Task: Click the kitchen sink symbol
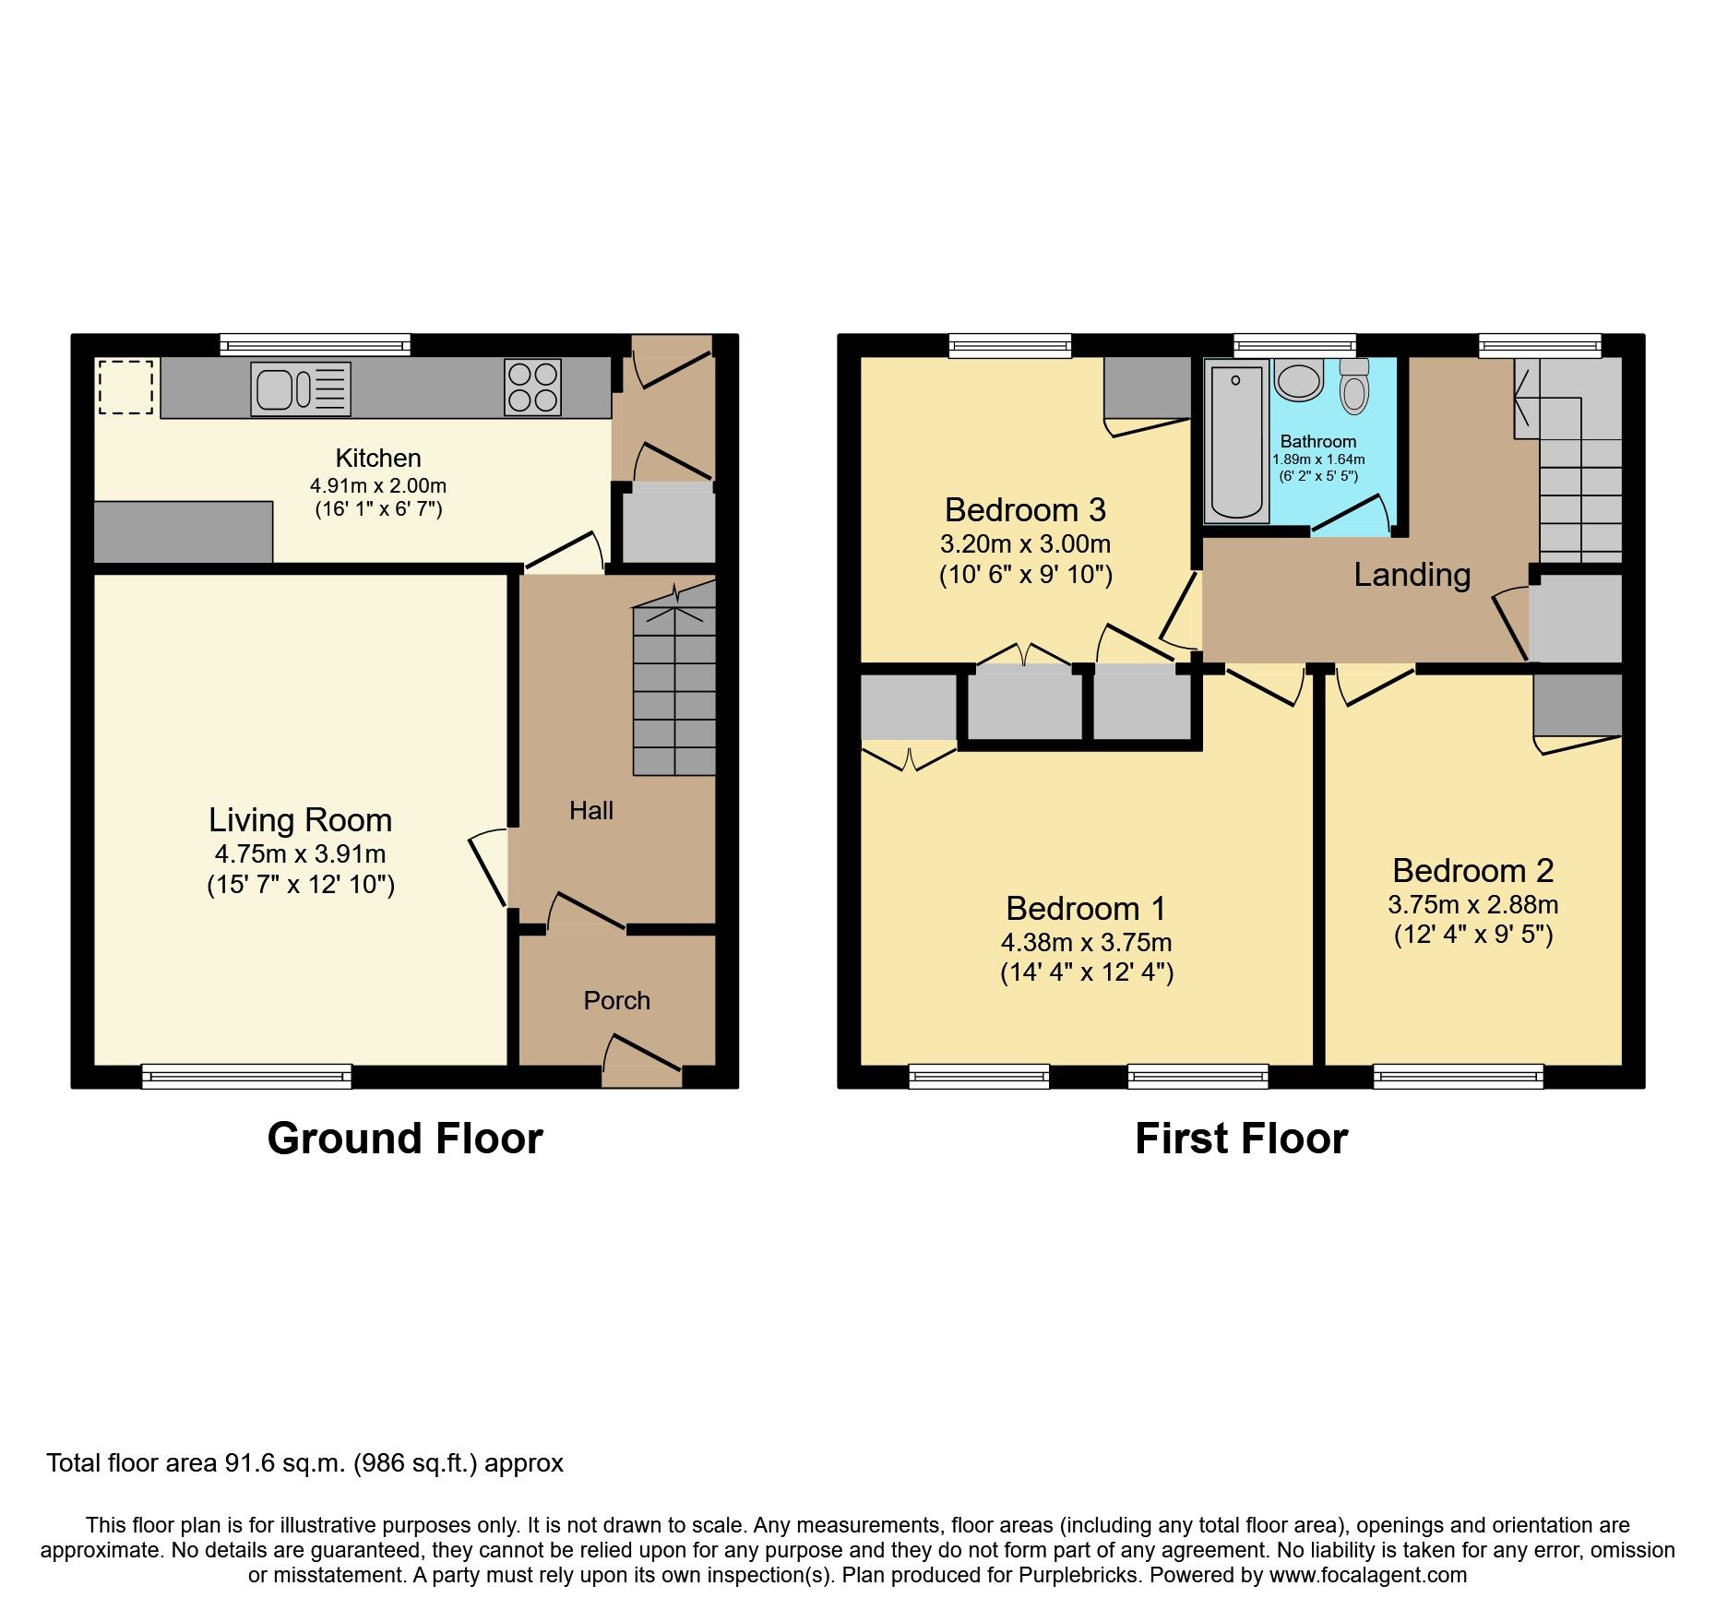point(301,388)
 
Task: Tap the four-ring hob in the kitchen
point(532,388)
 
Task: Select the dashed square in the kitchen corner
point(125,388)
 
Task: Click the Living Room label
point(300,819)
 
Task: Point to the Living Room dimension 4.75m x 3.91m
point(300,853)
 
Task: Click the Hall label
point(591,810)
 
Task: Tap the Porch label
point(616,1000)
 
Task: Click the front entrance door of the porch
point(642,1061)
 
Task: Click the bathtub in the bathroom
point(1236,441)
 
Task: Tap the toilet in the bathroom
point(1354,388)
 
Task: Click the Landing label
point(1412,575)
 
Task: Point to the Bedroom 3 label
point(1025,509)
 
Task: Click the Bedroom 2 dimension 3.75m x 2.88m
point(1472,904)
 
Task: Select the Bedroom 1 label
point(1086,908)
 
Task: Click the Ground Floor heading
point(405,1139)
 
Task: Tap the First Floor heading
point(1241,1139)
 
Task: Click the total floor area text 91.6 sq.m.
point(304,1463)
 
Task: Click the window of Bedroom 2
point(1458,1076)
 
